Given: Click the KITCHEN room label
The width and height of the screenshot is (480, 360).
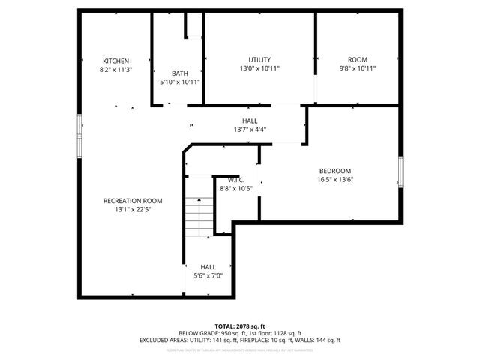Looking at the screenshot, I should [116, 61].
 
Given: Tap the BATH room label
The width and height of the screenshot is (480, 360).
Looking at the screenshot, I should [180, 73].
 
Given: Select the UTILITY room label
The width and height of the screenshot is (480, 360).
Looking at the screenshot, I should [259, 60].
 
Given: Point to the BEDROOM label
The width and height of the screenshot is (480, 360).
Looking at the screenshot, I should [335, 171].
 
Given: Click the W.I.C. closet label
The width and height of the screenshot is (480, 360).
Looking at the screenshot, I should [236, 180].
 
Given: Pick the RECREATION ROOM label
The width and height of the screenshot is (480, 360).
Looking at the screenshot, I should [133, 201].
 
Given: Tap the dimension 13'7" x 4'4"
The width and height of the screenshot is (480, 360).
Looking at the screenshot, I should [250, 129].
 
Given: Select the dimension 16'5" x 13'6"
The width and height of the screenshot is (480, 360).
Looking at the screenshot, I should [335, 179].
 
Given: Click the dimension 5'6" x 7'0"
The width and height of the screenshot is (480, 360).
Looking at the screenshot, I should [208, 275].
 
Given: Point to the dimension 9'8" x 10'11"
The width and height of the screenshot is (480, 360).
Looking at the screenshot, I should [357, 68].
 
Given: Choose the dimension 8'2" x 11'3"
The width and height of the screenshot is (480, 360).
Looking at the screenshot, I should [116, 69].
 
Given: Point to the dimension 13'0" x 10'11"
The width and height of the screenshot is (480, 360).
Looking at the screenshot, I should [259, 68].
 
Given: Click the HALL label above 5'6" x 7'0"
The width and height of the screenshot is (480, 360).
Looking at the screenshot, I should [208, 267].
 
